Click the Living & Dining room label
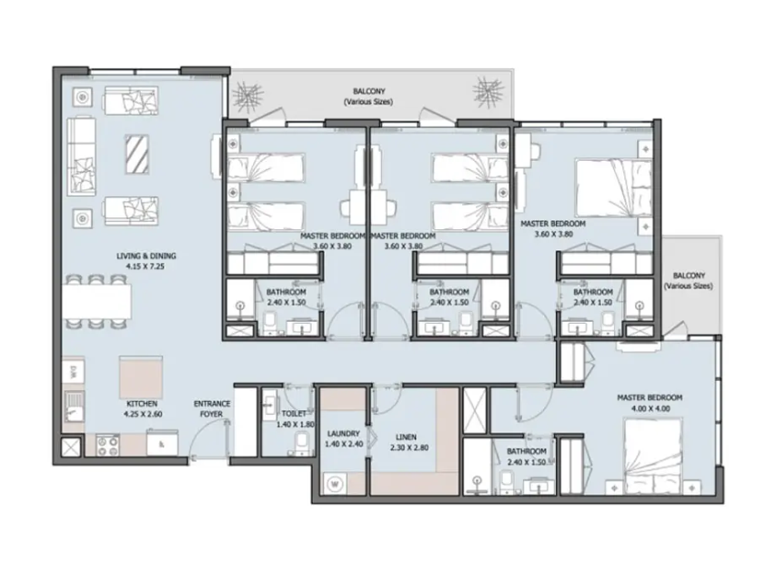pyautogui.click(x=146, y=256)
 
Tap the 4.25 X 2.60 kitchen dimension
pyautogui.click(x=143, y=414)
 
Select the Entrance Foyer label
pyautogui.click(x=211, y=408)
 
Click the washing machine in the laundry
pyautogui.click(x=335, y=483)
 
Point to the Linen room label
pyautogui.click(x=406, y=437)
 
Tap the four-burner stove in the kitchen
pyautogui.click(x=107, y=445)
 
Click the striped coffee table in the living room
pyautogui.click(x=137, y=154)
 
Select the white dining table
pyautogui.click(x=96, y=301)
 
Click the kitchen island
pyautogui.click(x=141, y=377)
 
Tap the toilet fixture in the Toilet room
pyautogui.click(x=301, y=443)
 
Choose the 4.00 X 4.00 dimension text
pyautogui.click(x=650, y=408)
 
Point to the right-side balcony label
pyautogui.click(x=689, y=280)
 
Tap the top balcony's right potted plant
pyautogui.click(x=489, y=92)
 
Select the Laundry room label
pyautogui.click(x=344, y=433)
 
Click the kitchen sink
pyautogui.click(x=74, y=406)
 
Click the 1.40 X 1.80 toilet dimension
pyautogui.click(x=296, y=424)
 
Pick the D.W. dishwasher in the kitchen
pyautogui.click(x=73, y=370)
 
